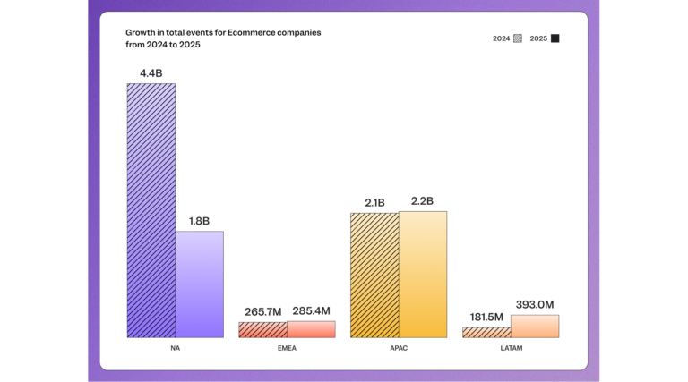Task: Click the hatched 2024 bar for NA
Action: coord(150,210)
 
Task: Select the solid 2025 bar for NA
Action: coord(199,284)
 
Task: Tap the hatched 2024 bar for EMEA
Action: coord(262,329)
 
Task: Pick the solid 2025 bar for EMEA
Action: coord(311,329)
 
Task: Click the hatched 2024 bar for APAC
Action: coord(374,275)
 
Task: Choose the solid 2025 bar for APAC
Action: coord(422,274)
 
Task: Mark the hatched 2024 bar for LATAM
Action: coord(486,332)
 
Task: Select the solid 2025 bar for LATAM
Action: coord(534,326)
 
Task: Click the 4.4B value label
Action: coord(150,72)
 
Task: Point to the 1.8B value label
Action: coord(199,220)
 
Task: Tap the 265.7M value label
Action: coord(262,311)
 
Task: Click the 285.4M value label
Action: coord(311,310)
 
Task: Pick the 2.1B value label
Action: coord(374,202)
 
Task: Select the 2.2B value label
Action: coord(422,201)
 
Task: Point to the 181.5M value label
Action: coord(487,317)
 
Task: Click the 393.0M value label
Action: coord(535,304)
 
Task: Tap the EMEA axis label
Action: coord(287,348)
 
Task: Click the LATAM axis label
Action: coord(511,348)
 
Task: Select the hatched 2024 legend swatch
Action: coord(518,38)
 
